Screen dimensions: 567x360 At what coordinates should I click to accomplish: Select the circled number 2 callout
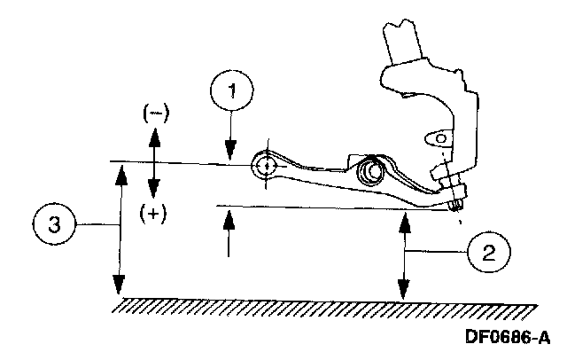coord(488,254)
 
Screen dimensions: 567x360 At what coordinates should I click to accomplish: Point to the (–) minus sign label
coord(156,113)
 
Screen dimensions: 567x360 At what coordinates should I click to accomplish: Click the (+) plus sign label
coord(156,214)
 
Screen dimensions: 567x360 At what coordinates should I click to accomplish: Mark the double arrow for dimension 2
coord(404,257)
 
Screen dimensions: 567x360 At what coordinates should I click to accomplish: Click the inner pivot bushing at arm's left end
coord(264,165)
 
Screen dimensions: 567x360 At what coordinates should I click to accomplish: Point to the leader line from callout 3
coord(93,226)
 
